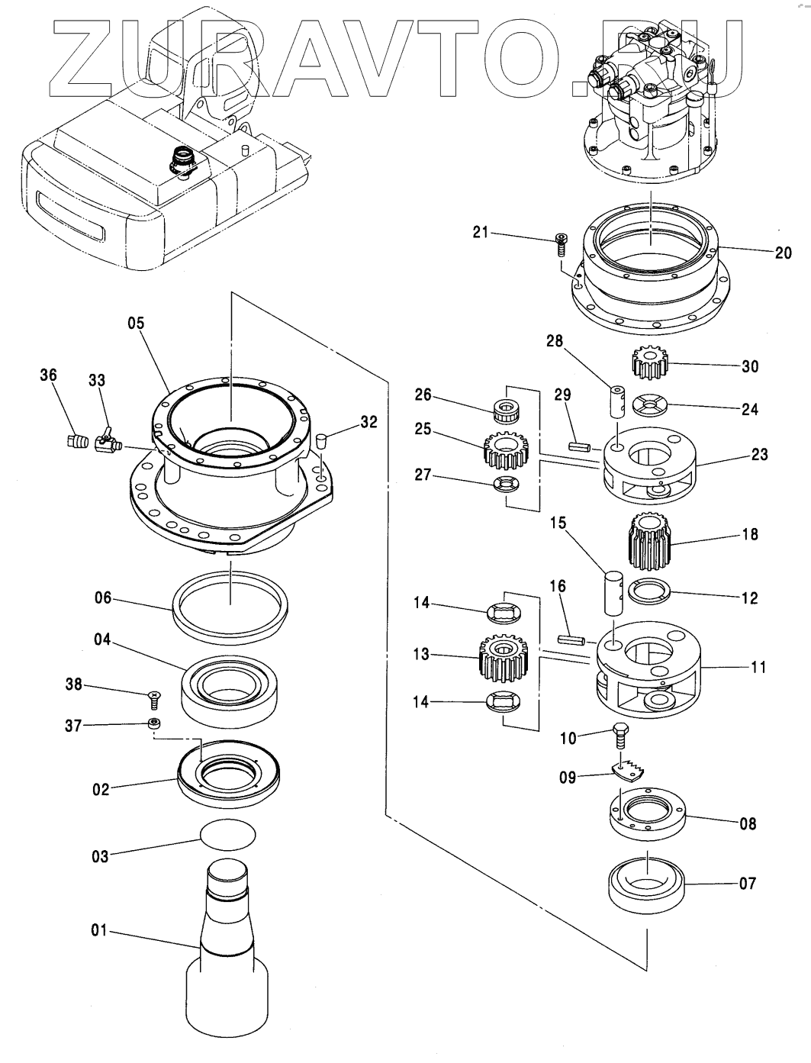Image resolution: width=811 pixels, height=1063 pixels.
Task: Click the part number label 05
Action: tap(135, 323)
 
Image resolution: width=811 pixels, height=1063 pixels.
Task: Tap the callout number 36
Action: tap(48, 375)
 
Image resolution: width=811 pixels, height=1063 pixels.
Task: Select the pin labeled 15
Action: tap(614, 593)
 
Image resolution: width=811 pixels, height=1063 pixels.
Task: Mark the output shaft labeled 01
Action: tap(227, 954)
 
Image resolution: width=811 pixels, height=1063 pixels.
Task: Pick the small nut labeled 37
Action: tap(155, 723)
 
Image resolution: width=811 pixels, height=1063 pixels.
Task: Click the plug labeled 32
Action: tap(322, 441)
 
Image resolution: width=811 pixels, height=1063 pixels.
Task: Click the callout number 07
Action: tap(748, 883)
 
